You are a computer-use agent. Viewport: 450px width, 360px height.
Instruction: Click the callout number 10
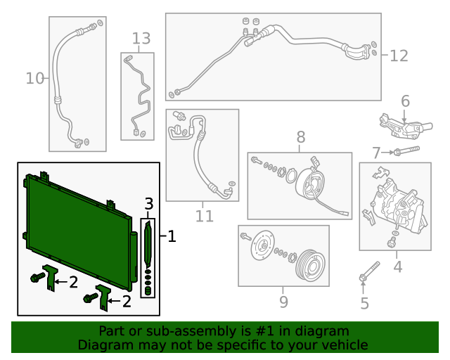(34, 78)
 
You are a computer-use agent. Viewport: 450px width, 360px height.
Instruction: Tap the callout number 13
(141, 38)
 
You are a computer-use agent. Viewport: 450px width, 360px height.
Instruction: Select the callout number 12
(399, 56)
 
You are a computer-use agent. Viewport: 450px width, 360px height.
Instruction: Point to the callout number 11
(204, 217)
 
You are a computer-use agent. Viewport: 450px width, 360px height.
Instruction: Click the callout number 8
(301, 137)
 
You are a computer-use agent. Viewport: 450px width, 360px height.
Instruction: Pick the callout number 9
(283, 302)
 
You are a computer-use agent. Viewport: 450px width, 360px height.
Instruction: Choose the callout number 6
(405, 102)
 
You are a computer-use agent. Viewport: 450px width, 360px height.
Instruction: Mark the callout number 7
(376, 152)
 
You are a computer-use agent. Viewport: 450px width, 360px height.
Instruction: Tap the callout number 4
(397, 266)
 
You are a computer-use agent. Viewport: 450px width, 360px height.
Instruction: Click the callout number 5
(364, 304)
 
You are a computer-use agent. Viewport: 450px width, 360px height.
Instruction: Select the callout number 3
(148, 204)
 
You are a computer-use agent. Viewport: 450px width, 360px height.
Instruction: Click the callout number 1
(172, 238)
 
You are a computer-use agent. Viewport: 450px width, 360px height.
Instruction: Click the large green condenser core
(77, 229)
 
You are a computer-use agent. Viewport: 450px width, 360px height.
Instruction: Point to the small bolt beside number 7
(404, 150)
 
